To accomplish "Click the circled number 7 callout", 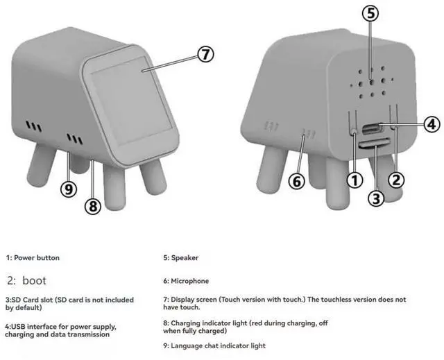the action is (x=205, y=54).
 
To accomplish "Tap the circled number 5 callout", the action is (x=370, y=13).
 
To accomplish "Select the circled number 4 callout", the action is (x=432, y=124).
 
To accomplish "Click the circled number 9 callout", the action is (x=69, y=189).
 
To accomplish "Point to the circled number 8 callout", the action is (x=93, y=206).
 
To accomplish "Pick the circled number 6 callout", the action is (x=296, y=181).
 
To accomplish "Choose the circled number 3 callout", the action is (x=375, y=198).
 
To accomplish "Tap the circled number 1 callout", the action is (x=355, y=180).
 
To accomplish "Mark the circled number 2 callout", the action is (x=396, y=180).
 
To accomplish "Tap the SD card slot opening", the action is (x=375, y=144).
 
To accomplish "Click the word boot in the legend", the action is (x=34, y=281).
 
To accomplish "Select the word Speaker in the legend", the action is (x=185, y=258).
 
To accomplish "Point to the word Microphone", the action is (x=189, y=281).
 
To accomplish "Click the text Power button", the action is (x=37, y=258).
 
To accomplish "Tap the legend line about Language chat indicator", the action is (x=214, y=346).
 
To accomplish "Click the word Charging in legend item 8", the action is (x=185, y=323).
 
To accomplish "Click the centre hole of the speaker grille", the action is (x=372, y=83).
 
